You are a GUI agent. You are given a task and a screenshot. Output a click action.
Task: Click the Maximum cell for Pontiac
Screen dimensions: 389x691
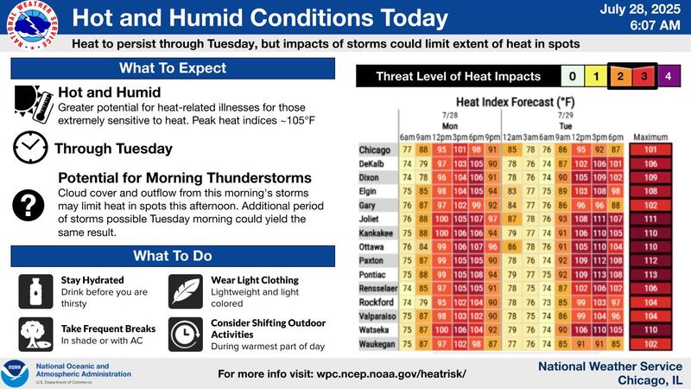pyautogui.click(x=651, y=275)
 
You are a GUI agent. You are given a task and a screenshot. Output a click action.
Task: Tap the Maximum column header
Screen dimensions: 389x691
pyautogui.click(x=651, y=137)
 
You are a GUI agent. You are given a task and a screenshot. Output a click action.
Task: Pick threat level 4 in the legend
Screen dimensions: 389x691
pyautogui.click(x=670, y=77)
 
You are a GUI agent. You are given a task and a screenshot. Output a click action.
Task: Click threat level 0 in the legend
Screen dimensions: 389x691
pyautogui.click(x=572, y=77)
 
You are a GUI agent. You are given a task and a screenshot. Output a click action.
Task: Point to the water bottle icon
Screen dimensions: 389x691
pyautogui.click(x=34, y=288)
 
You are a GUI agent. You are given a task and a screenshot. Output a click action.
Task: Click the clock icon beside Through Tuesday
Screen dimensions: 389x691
pyautogui.click(x=30, y=149)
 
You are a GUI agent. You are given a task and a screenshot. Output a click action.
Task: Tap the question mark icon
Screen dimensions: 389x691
pyautogui.click(x=30, y=205)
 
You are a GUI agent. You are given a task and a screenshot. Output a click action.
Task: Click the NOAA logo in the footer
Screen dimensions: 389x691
pyautogui.click(x=17, y=373)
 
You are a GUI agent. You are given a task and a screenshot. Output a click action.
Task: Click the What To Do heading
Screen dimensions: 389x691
pyautogui.click(x=174, y=256)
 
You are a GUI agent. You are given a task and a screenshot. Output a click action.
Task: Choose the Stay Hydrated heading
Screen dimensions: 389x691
pyautogui.click(x=92, y=280)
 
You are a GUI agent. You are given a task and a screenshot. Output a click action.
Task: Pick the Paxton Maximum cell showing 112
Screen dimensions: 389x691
pyautogui.click(x=651, y=261)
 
